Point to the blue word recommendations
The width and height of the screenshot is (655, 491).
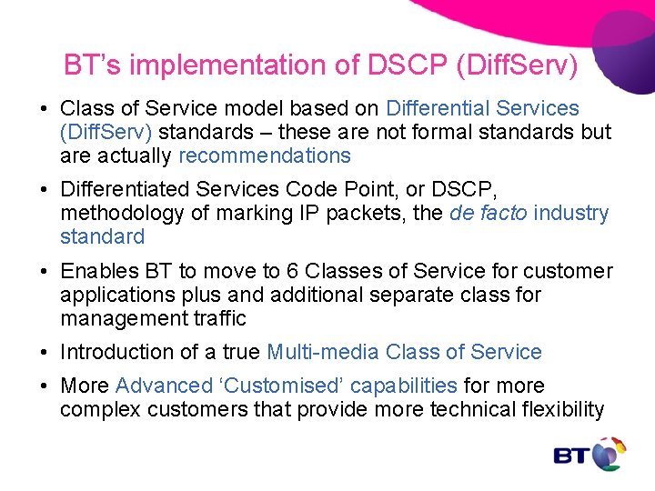coord(265,155)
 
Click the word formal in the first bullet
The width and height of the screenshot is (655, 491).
coord(455,133)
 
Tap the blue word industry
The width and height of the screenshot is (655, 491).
coord(571,214)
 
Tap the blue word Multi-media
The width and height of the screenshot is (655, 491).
coord(323,353)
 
